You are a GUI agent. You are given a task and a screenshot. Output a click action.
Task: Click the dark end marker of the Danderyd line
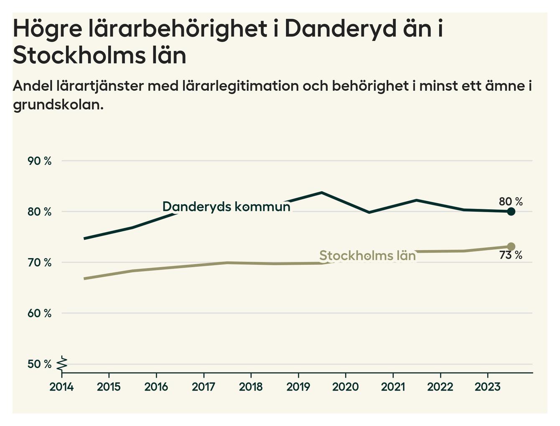pyautogui.click(x=511, y=212)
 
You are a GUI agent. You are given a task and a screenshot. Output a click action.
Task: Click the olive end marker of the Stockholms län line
pyautogui.click(x=511, y=246)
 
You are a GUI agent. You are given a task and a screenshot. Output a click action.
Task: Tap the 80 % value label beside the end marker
pyautogui.click(x=511, y=202)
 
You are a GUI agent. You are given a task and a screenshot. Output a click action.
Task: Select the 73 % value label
pyautogui.click(x=511, y=255)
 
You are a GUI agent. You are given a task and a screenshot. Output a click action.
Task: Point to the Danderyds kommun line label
pyautogui.click(x=226, y=207)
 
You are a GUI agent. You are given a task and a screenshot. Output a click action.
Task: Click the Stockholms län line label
pyautogui.click(x=367, y=256)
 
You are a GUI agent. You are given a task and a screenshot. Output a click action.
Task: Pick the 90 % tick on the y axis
pyautogui.click(x=40, y=161)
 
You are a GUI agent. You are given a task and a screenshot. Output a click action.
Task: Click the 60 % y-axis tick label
pyautogui.click(x=40, y=313)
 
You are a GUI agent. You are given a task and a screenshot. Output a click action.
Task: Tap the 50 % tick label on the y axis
pyautogui.click(x=40, y=364)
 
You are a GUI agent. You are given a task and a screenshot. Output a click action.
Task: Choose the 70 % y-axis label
pyautogui.click(x=40, y=263)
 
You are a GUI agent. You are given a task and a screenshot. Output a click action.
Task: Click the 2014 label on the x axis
pyautogui.click(x=61, y=387)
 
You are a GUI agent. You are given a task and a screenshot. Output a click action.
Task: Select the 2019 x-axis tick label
pyautogui.click(x=298, y=387)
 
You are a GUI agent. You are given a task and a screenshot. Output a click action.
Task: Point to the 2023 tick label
pyautogui.click(x=487, y=387)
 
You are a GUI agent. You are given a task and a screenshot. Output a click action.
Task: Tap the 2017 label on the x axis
pyautogui.click(x=204, y=387)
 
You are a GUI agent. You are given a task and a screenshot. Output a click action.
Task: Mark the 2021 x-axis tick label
pyautogui.click(x=393, y=387)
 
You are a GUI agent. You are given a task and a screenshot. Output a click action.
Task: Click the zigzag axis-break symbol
pyautogui.click(x=62, y=364)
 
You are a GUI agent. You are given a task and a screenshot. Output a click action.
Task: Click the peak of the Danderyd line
pyautogui.click(x=321, y=193)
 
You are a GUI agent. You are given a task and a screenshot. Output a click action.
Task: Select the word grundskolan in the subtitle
pyautogui.click(x=58, y=105)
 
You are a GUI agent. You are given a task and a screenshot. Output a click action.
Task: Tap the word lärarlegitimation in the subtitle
pyautogui.click(x=241, y=86)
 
